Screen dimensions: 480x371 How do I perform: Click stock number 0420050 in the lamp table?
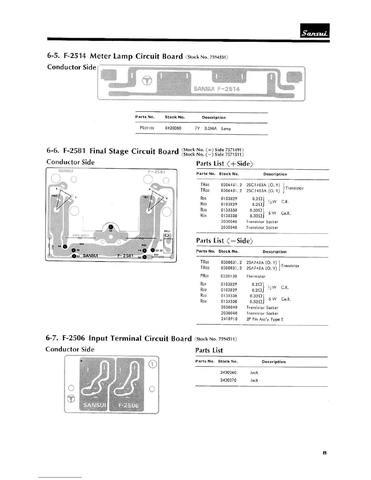[x=173, y=128]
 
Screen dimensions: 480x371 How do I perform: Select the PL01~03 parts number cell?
[x=147, y=128]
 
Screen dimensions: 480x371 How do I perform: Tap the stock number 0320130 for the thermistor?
[x=229, y=276]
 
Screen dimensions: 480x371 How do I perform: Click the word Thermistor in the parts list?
[x=256, y=276]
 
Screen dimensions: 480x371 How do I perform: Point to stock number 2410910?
[x=229, y=319]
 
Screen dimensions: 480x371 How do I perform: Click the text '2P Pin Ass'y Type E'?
[x=265, y=319]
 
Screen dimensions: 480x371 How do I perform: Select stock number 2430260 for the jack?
[x=228, y=372]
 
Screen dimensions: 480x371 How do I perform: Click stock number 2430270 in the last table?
[x=228, y=380]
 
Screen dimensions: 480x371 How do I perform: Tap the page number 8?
[x=325, y=453]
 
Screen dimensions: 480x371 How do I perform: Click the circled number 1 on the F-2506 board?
[x=153, y=364]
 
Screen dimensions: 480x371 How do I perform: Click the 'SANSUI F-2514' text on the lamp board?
[x=216, y=89]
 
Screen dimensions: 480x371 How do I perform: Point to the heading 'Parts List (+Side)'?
[x=224, y=164]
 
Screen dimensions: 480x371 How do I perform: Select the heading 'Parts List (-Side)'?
[x=224, y=241]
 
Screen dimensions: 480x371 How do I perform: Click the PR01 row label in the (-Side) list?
[x=204, y=276]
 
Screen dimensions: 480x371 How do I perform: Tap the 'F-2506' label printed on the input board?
[x=128, y=406]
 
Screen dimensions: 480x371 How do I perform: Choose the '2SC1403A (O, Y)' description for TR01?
[x=263, y=185]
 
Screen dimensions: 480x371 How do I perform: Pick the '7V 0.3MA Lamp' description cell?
[x=213, y=128]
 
